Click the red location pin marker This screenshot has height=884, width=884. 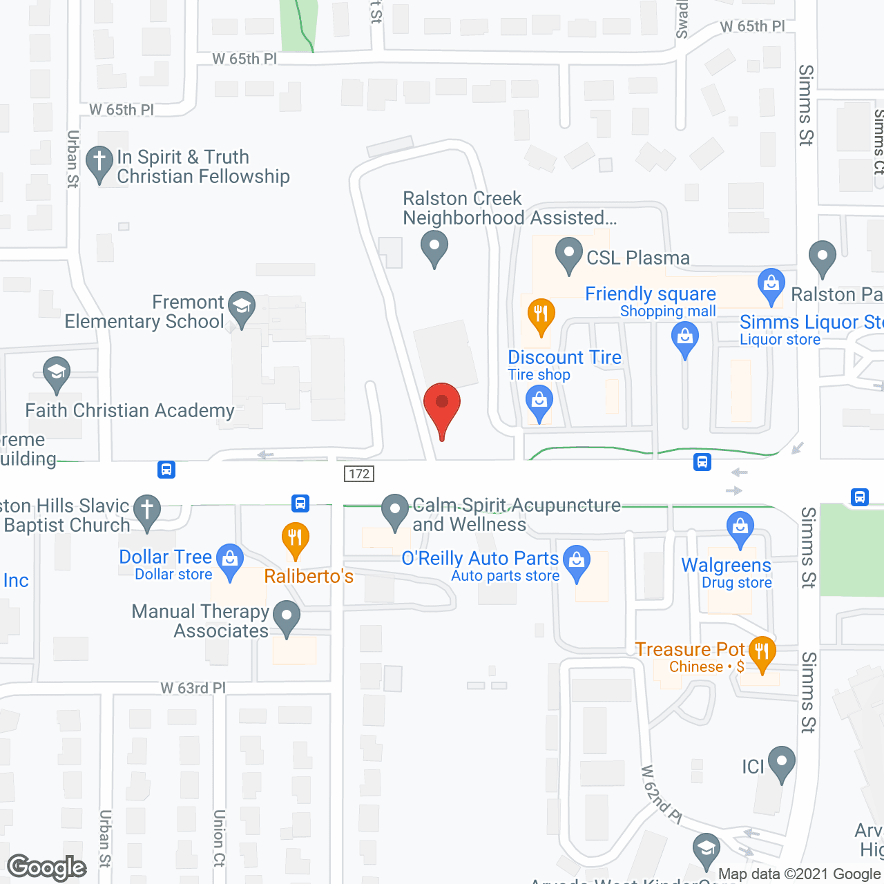click(441, 404)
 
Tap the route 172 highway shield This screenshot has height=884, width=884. click(359, 473)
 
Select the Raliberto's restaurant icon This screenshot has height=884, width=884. click(295, 539)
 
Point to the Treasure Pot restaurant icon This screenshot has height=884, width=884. click(762, 652)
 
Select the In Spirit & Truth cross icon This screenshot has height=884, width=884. click(99, 163)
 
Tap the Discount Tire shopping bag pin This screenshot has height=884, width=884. click(539, 402)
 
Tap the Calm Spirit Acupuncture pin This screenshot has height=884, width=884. click(395, 511)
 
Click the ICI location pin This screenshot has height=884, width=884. click(782, 762)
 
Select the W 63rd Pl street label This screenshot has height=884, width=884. click(193, 688)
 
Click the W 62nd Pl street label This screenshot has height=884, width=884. click(662, 794)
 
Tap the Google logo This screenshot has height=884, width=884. click(47, 867)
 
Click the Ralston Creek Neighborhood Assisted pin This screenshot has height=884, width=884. click(434, 247)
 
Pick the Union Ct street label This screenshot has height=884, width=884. click(219, 838)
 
